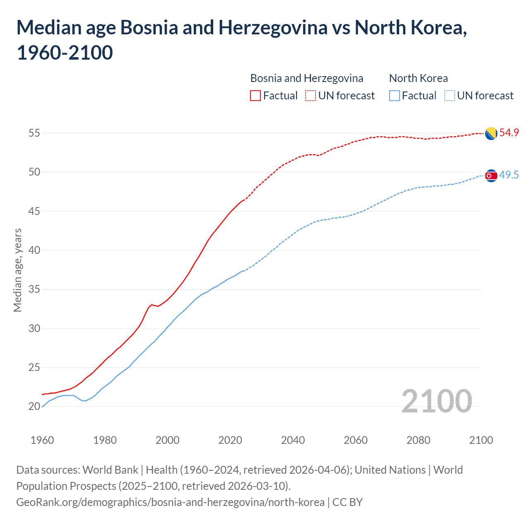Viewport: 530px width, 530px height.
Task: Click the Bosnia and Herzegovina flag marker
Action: [491, 134]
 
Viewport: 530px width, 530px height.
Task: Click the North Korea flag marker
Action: [491, 176]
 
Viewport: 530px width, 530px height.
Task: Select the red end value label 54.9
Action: [509, 133]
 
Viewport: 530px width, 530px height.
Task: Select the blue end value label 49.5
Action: [509, 175]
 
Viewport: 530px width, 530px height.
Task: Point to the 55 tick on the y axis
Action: [34, 133]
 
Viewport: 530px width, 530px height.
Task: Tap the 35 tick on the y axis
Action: [34, 289]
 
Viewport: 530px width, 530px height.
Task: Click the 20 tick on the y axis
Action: [34, 407]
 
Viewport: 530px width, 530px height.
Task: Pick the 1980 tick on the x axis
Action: [105, 440]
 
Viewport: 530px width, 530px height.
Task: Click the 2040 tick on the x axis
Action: [293, 440]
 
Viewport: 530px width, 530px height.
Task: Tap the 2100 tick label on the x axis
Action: [481, 440]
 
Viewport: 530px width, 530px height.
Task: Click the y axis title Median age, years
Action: [17, 270]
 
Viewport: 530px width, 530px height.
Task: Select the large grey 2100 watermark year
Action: [436, 401]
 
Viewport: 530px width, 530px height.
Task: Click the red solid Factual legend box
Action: [255, 96]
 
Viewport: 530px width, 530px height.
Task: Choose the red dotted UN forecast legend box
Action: [311, 96]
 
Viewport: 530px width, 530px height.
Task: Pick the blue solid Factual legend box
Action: [395, 96]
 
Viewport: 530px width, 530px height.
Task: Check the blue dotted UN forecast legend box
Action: [450, 96]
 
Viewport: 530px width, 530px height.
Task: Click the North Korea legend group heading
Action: [418, 78]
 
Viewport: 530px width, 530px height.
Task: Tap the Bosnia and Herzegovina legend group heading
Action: [306, 78]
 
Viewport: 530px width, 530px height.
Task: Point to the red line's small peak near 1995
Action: [152, 305]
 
